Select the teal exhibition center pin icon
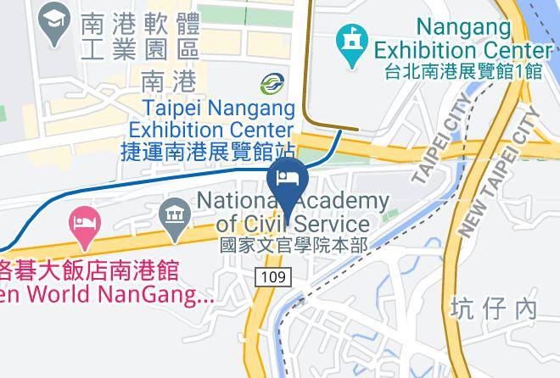350,44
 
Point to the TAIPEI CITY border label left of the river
440,141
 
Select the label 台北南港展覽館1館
462,72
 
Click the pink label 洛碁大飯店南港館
88,271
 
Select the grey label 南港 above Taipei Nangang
168,81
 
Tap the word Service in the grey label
329,225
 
